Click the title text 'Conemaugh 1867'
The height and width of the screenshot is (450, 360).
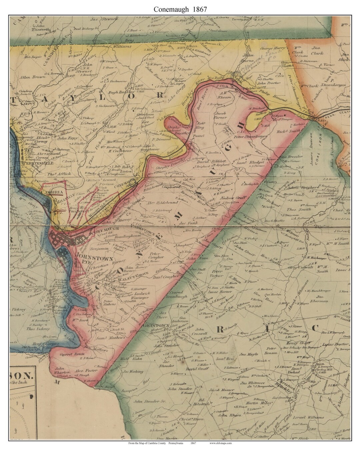180,9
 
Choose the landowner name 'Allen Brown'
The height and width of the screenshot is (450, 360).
32,77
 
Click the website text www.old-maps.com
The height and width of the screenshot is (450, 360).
220,443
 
